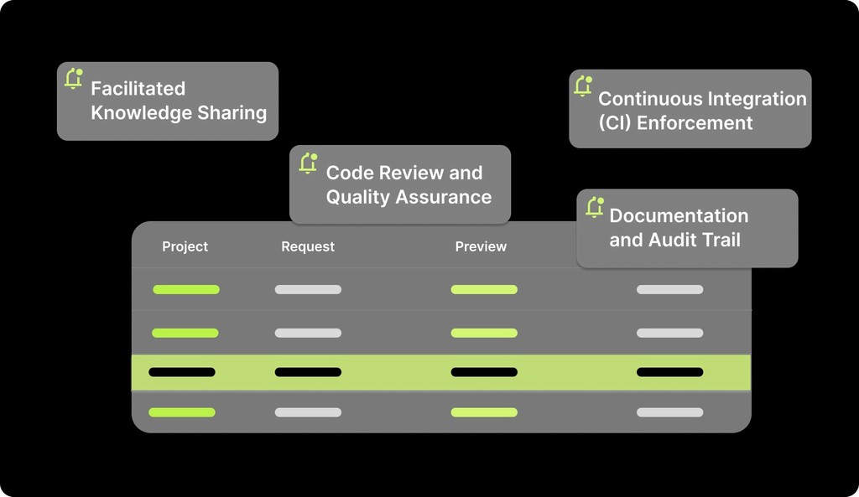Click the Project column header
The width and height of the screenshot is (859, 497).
[x=185, y=246]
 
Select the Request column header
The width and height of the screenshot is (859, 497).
[x=307, y=246]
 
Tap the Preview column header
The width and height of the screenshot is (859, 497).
[x=481, y=246]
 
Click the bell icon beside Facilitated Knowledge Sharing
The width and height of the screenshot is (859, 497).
[x=74, y=79]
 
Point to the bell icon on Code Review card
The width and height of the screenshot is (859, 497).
[x=308, y=163]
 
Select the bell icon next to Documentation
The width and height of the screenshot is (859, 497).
[x=595, y=207]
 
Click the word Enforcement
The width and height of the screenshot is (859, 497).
[x=695, y=123]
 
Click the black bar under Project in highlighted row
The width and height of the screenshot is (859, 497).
[x=182, y=372]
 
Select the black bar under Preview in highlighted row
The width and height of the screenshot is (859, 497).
[x=484, y=372]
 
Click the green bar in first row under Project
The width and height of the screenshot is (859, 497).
[x=186, y=290]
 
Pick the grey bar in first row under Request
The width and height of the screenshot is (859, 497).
[x=308, y=290]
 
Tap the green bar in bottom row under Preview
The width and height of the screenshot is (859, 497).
[x=484, y=412]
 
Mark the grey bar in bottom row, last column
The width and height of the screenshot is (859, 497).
[x=669, y=412]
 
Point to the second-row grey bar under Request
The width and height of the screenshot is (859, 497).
[x=308, y=333]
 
